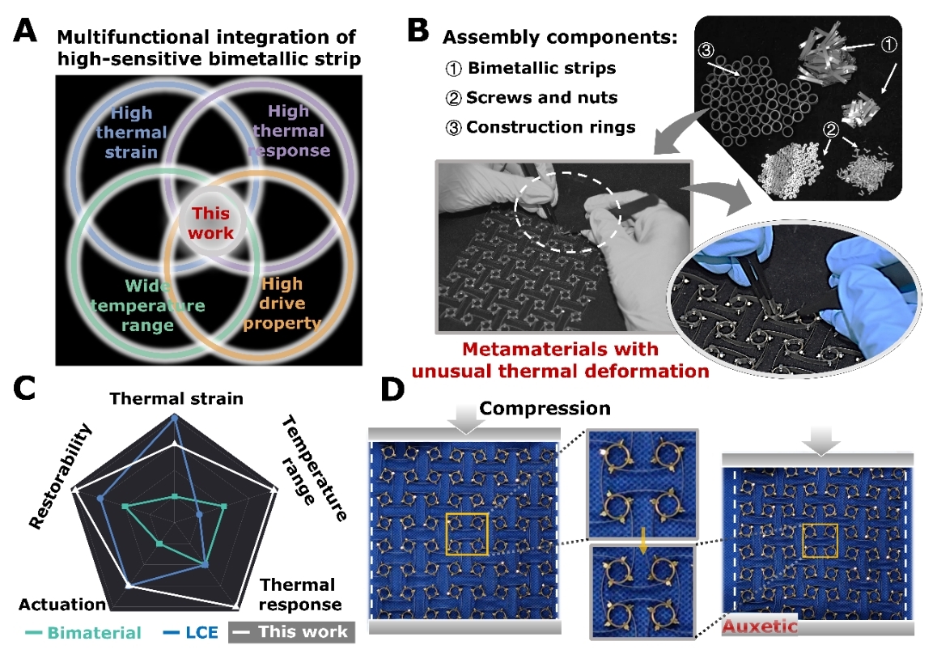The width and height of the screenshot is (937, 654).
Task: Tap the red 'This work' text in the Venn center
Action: (211, 223)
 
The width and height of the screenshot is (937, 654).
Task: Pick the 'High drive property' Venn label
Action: (282, 304)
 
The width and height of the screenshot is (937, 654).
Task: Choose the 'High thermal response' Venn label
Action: (290, 130)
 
